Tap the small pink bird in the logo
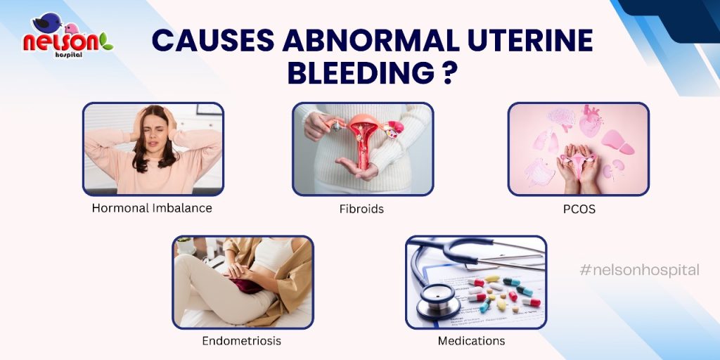pyautogui.click(x=71, y=28)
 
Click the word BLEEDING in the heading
pyautogui.click(x=361, y=73)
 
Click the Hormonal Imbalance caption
pyautogui.click(x=152, y=208)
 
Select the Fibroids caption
pyautogui.click(x=361, y=209)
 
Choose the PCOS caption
pyautogui.click(x=579, y=209)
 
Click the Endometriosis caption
pyautogui.click(x=242, y=341)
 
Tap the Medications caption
pyautogui.click(x=471, y=341)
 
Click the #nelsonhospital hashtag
pyautogui.click(x=639, y=270)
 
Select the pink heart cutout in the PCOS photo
pyautogui.click(x=591, y=121)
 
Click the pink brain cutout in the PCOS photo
pyautogui.click(x=562, y=118)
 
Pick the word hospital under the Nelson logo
pyautogui.click(x=69, y=55)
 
